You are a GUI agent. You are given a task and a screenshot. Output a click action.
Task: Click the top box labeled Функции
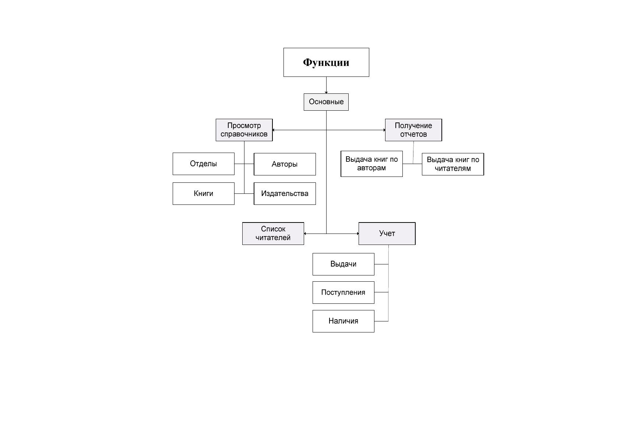[x=326, y=62]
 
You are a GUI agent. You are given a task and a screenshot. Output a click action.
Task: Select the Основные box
[x=326, y=102]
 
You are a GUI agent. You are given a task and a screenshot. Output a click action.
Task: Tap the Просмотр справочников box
[x=244, y=130]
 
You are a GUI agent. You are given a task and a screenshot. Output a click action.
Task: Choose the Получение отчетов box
[x=413, y=130]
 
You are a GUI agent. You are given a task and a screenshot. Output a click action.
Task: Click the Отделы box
[x=204, y=164]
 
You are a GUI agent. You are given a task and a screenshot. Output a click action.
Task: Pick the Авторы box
[x=285, y=164]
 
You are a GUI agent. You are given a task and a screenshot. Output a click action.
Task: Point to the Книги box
[x=204, y=193]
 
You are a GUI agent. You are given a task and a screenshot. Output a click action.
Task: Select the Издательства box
[x=285, y=193]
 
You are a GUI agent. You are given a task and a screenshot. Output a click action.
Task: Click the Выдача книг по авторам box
[x=372, y=164]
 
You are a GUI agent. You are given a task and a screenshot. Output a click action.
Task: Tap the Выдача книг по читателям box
[x=453, y=164]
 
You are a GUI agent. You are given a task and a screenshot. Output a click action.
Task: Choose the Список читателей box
[x=273, y=234]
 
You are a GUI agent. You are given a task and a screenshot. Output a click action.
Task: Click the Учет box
[x=387, y=234]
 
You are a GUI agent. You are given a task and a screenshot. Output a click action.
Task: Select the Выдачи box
[x=344, y=264]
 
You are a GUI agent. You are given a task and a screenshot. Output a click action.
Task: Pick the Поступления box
[x=344, y=293]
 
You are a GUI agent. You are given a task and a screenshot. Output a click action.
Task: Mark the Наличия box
[x=344, y=321]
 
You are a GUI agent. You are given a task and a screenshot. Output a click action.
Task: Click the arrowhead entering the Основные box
[x=326, y=92]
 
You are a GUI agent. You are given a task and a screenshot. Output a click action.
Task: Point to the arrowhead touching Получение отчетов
[x=384, y=130]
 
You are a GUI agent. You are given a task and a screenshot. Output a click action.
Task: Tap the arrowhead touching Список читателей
[x=305, y=234]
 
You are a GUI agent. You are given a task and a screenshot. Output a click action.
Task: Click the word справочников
[x=244, y=134]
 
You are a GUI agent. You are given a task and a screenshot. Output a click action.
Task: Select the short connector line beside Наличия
[x=381, y=321]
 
